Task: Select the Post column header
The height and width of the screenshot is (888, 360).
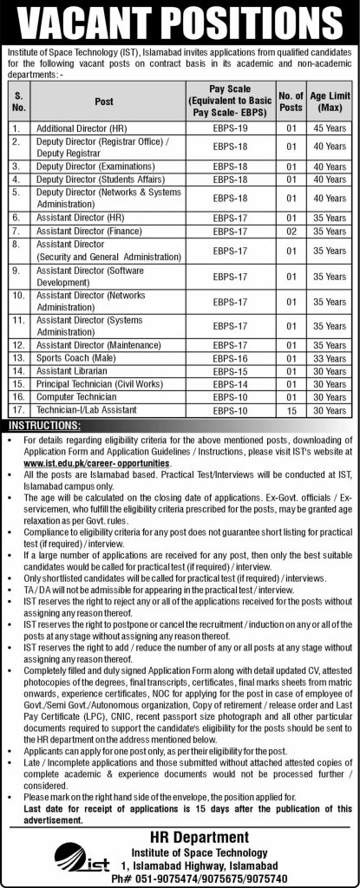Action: click(104, 102)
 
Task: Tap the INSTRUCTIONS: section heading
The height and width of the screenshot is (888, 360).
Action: click(44, 426)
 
